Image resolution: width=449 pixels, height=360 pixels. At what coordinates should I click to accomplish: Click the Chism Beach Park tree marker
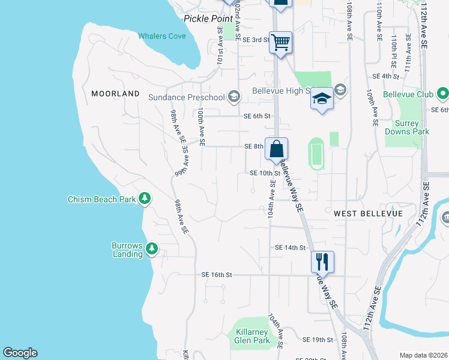pos(144,198)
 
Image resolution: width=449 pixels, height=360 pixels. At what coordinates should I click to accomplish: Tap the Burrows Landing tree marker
pos(152,248)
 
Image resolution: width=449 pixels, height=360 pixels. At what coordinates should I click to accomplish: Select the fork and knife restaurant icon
pos(322,262)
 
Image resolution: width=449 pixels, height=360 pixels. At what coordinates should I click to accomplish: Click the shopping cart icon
pos(280,43)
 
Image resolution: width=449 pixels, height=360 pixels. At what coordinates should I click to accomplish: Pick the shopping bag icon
pos(277,149)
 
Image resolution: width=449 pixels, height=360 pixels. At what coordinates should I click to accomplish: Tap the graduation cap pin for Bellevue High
pos(322,98)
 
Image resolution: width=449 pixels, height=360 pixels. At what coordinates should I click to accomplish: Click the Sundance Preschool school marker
pos(234,97)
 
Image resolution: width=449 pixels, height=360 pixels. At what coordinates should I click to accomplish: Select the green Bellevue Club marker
pos(443,94)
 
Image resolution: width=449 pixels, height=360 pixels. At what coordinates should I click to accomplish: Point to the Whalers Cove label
pos(162,36)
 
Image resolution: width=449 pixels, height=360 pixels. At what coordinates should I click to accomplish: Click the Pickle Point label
pos(208,19)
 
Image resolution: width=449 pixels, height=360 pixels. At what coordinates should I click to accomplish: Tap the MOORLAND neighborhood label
pos(115,94)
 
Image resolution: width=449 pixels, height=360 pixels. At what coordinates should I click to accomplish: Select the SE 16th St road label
pos(216,274)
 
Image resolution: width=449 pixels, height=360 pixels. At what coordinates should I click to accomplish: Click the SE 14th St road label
pos(291,247)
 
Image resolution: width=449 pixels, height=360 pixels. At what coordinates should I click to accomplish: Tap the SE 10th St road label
pos(265,173)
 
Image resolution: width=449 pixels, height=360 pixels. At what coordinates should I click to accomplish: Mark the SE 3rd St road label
pos(255,40)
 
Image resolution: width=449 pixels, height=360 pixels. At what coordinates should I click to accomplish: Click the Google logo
pos(20,353)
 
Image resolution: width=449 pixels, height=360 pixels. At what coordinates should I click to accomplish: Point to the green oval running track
pos(316,152)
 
